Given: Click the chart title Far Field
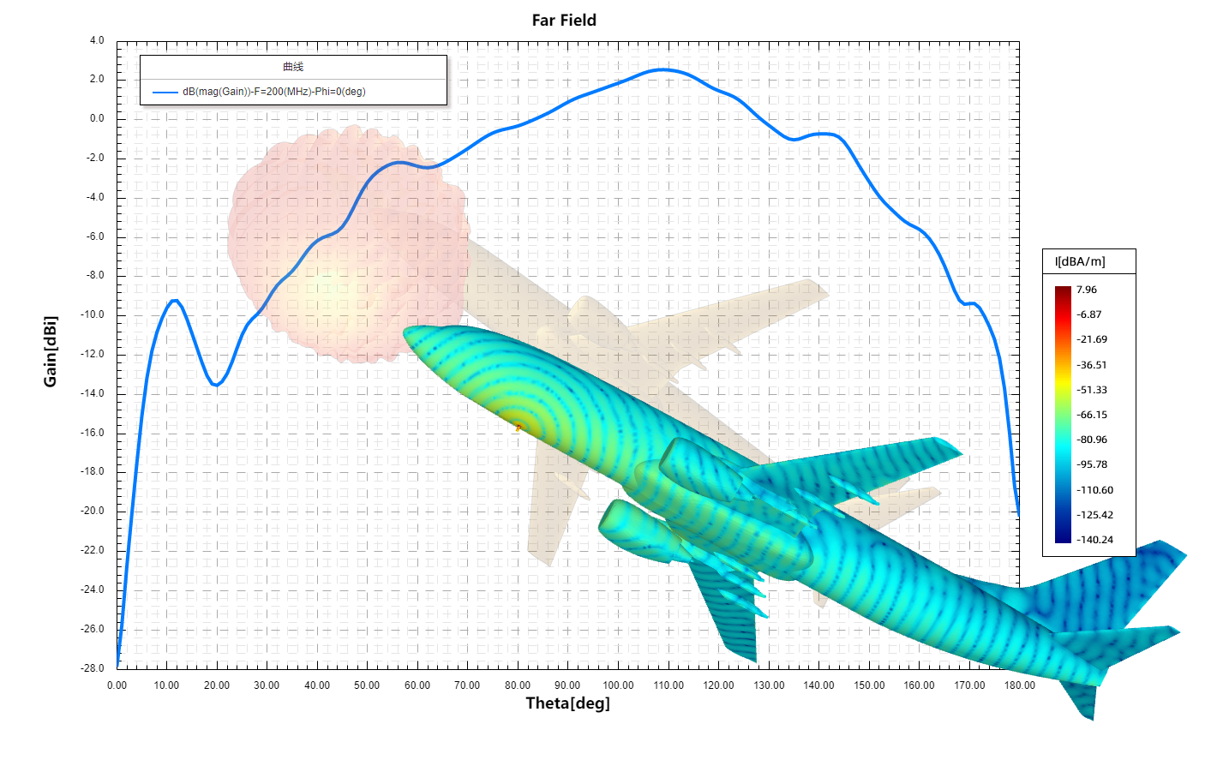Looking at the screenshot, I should pyautogui.click(x=564, y=21).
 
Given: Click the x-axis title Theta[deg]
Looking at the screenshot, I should pyautogui.click(x=567, y=703).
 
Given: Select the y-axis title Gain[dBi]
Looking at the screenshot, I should pyautogui.click(x=51, y=351).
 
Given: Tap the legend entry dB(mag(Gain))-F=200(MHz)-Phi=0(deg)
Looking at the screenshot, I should pyautogui.click(x=273, y=92).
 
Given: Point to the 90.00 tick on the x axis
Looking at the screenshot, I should pyautogui.click(x=567, y=685).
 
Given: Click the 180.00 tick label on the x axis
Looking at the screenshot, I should pyautogui.click(x=1019, y=685).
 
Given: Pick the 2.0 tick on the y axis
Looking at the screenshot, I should pyautogui.click(x=97, y=79).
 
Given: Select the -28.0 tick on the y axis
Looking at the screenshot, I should pyautogui.click(x=93, y=668).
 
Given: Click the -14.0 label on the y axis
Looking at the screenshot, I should pyautogui.click(x=93, y=393).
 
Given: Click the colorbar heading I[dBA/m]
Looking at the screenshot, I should pyautogui.click(x=1080, y=261).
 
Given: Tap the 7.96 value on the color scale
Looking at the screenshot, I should pyautogui.click(x=1087, y=290).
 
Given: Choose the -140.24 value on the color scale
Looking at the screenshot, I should pyautogui.click(x=1094, y=540).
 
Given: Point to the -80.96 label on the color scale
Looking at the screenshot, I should pyautogui.click(x=1092, y=440).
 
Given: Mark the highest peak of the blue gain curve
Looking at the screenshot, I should pyautogui.click(x=662, y=69).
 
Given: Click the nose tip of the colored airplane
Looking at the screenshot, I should pyautogui.click(x=406, y=332).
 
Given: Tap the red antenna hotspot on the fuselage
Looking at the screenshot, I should pyautogui.click(x=518, y=426).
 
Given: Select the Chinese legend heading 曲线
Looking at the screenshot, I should pyautogui.click(x=293, y=67).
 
